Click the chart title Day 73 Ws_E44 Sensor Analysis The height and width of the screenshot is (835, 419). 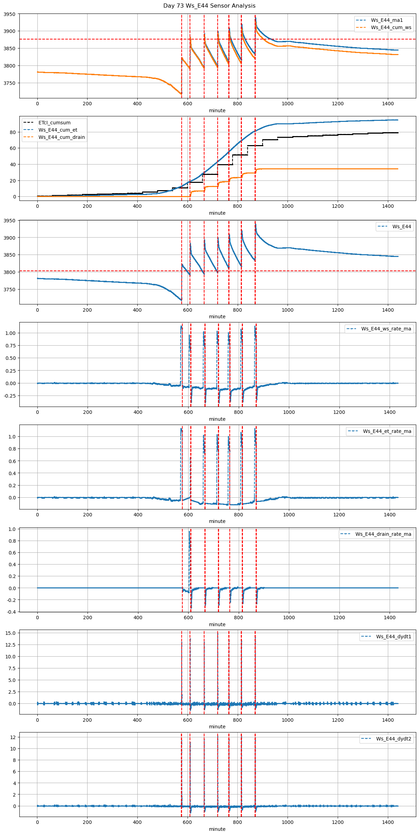pyautogui.click(x=209, y=6)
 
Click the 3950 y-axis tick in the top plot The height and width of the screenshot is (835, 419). pyautogui.click(x=10, y=14)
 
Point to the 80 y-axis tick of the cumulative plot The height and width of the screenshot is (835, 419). pyautogui.click(x=13, y=132)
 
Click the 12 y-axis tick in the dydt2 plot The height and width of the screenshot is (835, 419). pyautogui.click(x=13, y=737)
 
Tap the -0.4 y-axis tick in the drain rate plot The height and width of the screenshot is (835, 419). pyautogui.click(x=11, y=612)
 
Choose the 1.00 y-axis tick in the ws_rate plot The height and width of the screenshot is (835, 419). pyautogui.click(x=10, y=333)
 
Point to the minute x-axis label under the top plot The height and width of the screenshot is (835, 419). pyautogui.click(x=217, y=110)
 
